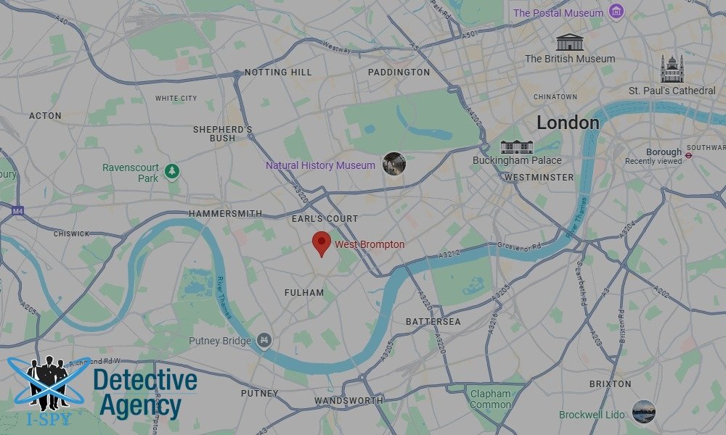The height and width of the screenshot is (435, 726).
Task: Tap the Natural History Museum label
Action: (x=320, y=165)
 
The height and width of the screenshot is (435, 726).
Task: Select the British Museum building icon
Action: (x=570, y=42)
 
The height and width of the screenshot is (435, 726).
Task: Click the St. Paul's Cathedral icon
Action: (x=672, y=70)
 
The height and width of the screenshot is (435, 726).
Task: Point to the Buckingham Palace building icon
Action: (x=517, y=146)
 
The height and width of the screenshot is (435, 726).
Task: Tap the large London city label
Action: (x=568, y=123)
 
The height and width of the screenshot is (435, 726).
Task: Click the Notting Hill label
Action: (x=278, y=72)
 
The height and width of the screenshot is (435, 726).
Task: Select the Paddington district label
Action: (x=399, y=72)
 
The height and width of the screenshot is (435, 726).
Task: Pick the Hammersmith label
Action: (x=225, y=214)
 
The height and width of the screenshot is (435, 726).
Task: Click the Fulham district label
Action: (x=304, y=293)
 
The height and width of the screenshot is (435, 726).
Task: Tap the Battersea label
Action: (x=433, y=321)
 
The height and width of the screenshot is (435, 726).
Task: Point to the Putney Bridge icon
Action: (x=264, y=340)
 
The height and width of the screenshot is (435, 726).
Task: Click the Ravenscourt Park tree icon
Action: (x=172, y=172)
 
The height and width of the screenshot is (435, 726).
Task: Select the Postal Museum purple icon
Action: (x=616, y=12)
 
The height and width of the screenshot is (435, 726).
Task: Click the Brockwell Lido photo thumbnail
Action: (x=643, y=412)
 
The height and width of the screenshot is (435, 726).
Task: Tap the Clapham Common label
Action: (x=490, y=399)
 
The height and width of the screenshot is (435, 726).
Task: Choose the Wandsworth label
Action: (x=348, y=401)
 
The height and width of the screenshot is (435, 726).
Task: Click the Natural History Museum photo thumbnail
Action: (x=394, y=164)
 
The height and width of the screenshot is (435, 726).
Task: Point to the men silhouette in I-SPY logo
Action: (x=47, y=381)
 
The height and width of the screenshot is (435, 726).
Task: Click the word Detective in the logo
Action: (x=145, y=381)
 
